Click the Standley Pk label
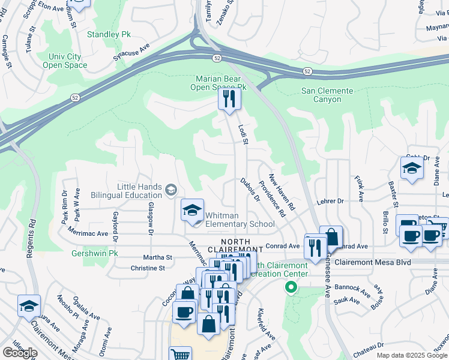[x=109, y=34]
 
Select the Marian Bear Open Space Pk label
[x=218, y=83]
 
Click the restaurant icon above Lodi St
[x=229, y=99]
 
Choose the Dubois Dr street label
[x=249, y=189]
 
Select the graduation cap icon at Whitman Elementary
[x=192, y=210]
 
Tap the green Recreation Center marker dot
[x=291, y=288]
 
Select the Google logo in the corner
[x=20, y=352]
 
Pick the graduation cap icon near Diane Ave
[x=412, y=169]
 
